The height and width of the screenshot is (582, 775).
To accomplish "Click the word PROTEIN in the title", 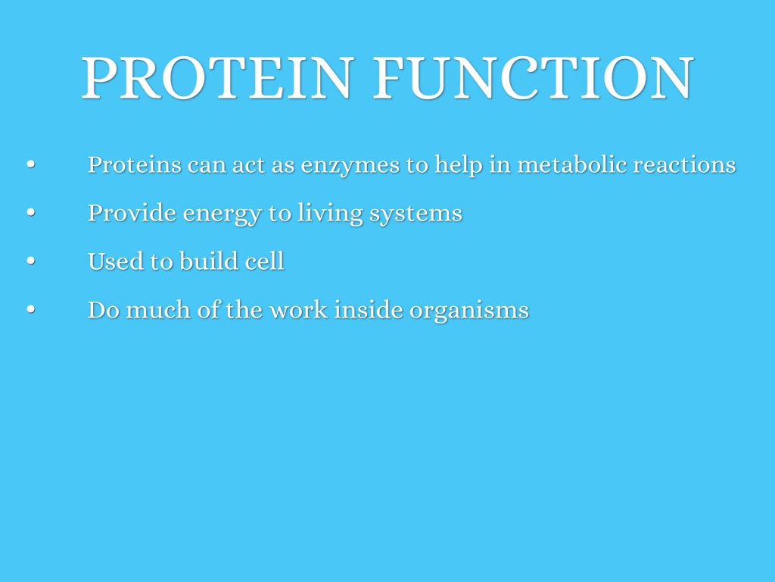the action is click(x=217, y=78).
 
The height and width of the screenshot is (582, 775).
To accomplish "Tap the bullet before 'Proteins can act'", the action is click(x=31, y=164).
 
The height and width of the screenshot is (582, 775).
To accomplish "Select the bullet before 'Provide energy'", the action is click(x=31, y=212).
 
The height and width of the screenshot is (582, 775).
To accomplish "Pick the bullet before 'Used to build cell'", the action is click(x=31, y=261).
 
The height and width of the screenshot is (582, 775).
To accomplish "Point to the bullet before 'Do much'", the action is click(x=31, y=309).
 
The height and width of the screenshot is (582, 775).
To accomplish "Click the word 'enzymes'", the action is click(x=350, y=166).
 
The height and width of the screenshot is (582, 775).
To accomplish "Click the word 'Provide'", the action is click(x=132, y=213).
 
